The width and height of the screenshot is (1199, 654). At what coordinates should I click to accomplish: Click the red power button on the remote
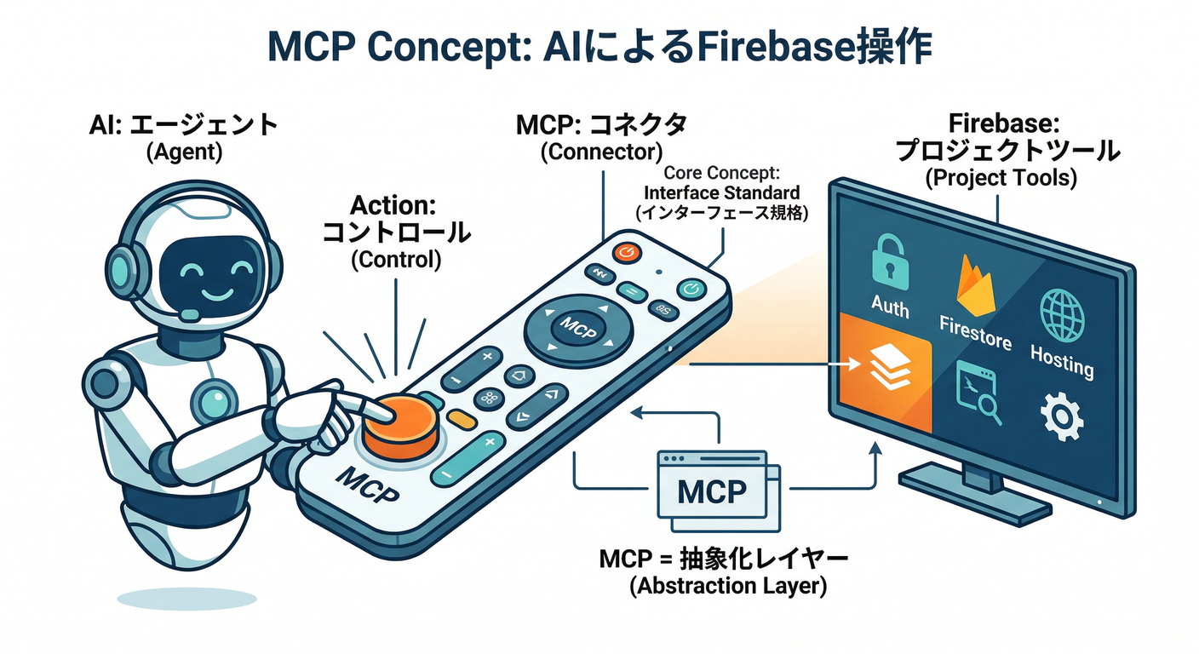click(626, 251)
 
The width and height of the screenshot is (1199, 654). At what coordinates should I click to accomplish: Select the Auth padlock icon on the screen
click(889, 265)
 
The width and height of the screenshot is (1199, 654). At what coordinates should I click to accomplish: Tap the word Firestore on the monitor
click(976, 332)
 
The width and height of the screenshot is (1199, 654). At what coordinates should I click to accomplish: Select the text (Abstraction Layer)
click(727, 587)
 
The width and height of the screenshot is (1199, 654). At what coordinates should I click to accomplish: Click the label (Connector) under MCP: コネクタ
click(601, 152)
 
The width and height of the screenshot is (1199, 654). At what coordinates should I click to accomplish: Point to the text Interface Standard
click(721, 192)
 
